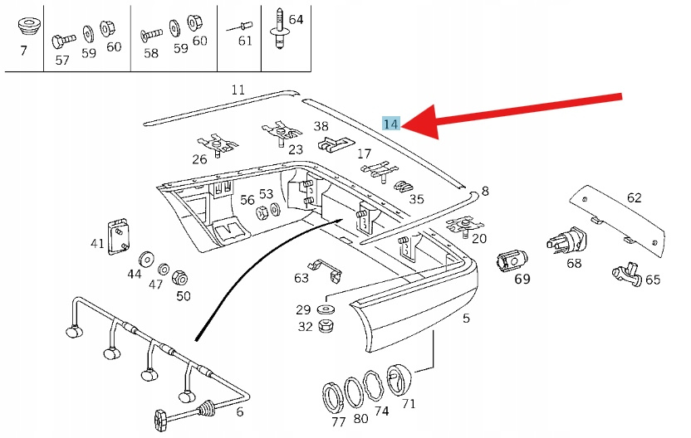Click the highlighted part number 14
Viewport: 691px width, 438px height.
pyautogui.click(x=391, y=124)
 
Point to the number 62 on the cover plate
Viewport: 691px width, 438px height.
pyautogui.click(x=635, y=198)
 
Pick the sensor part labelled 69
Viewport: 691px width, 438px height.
pyautogui.click(x=512, y=260)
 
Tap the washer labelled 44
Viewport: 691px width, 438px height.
pyautogui.click(x=147, y=256)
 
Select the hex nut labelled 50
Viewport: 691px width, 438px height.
pyautogui.click(x=180, y=278)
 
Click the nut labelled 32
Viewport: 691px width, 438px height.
pyautogui.click(x=326, y=325)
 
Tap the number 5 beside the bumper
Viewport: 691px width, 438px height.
pyautogui.click(x=466, y=319)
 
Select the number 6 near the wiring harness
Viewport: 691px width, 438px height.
pyautogui.click(x=240, y=411)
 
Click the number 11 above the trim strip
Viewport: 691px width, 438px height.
pyautogui.click(x=238, y=90)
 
